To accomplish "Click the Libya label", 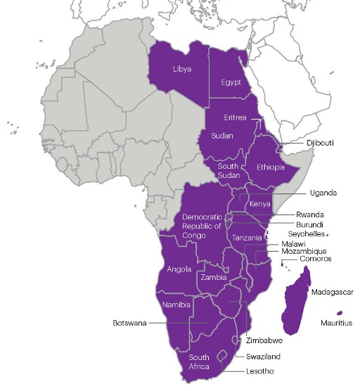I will coord(182,69).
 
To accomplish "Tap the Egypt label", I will coord(231,82).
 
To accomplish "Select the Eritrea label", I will coord(235,117).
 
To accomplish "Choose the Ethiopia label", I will coord(270,167).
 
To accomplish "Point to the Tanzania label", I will coord(245,238).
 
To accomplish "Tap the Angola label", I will coord(179,269).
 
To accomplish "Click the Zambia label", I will coord(213,277).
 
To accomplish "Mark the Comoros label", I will coord(314,259).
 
